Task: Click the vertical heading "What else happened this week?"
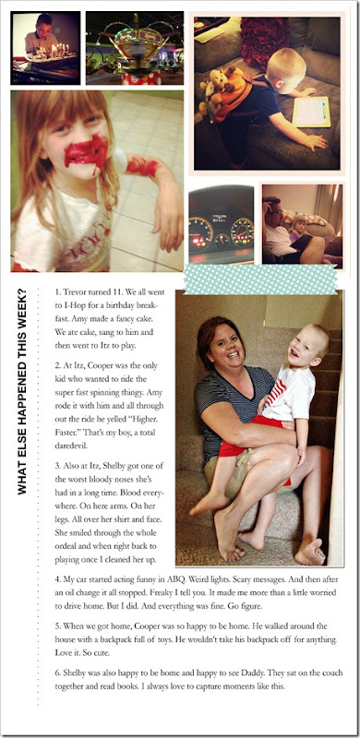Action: tap(21, 391)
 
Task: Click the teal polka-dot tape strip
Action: tap(260, 279)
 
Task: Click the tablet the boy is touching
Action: tap(310, 112)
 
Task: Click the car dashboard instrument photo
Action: tap(221, 224)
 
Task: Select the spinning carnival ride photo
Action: tap(134, 48)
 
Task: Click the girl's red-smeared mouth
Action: tap(87, 151)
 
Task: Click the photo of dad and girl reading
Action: tap(302, 226)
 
